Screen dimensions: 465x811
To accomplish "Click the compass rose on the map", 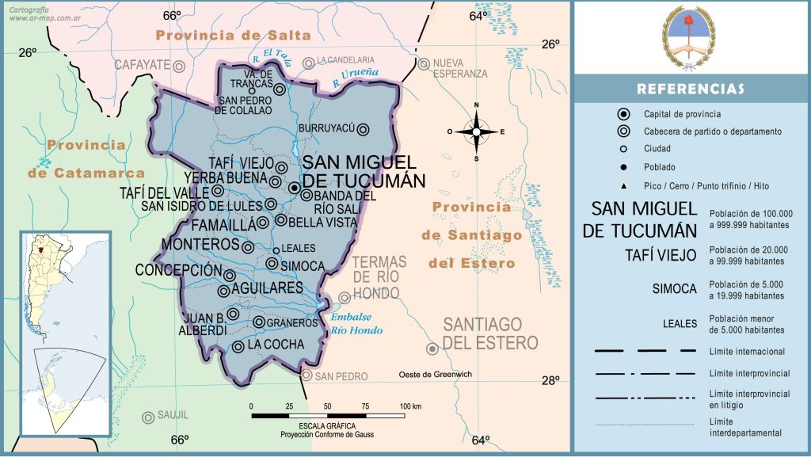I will (477, 131).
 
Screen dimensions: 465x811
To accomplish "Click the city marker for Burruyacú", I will (363, 129).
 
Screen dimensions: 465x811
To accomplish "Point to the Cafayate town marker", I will (180, 67).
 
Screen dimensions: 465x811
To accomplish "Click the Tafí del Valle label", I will (166, 192).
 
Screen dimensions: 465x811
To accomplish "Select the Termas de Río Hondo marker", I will (345, 298).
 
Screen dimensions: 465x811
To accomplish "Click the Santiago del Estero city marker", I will (432, 349).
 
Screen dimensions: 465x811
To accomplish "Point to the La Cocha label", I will (276, 345).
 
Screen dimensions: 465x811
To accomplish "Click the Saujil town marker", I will (147, 417).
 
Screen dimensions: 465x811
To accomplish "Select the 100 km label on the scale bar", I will (411, 406).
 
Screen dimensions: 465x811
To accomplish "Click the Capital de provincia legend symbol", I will (624, 114).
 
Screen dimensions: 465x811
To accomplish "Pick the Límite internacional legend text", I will (747, 351).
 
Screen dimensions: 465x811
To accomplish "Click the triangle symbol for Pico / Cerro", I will (624, 186).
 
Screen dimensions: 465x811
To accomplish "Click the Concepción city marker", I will (230, 276).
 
